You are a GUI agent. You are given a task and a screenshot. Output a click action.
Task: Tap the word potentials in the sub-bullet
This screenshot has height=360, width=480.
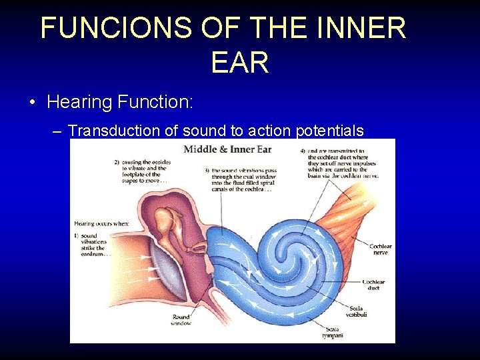(x=329, y=131)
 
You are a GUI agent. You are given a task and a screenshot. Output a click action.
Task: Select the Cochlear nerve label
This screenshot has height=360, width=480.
(x=381, y=250)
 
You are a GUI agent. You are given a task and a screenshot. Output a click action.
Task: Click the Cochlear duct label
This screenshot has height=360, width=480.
(x=373, y=285)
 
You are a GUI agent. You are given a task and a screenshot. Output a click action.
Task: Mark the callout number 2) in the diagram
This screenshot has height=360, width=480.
(x=116, y=163)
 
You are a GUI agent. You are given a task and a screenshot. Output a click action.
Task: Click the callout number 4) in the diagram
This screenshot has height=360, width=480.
(x=303, y=151)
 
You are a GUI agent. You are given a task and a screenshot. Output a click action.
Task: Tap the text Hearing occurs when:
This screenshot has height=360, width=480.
(x=101, y=224)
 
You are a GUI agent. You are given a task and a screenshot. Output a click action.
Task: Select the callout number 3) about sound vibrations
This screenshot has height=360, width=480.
(x=208, y=170)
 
